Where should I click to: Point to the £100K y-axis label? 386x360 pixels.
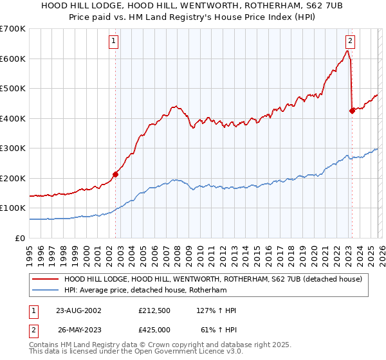13,208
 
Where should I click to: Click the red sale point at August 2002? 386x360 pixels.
116,174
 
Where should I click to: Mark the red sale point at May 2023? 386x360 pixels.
352,111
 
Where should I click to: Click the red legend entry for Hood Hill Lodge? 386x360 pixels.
213,279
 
